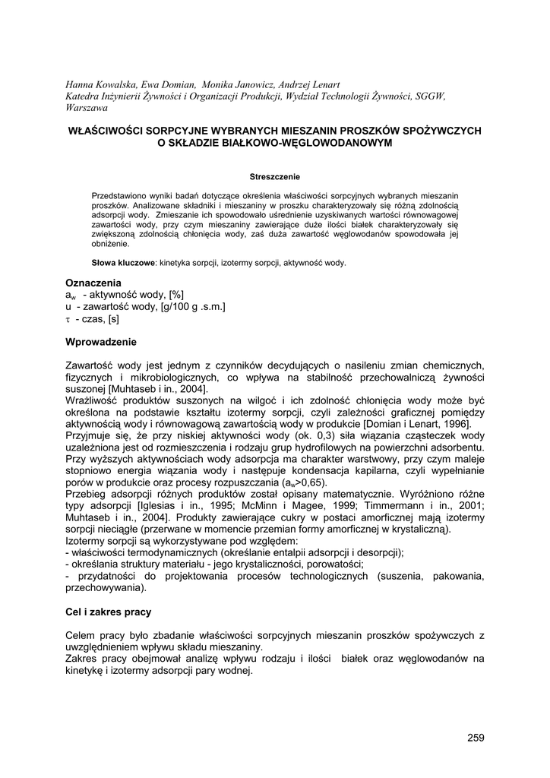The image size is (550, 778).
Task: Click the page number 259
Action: pyautogui.click(x=476, y=737)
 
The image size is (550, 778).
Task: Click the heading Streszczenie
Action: pyautogui.click(x=275, y=177)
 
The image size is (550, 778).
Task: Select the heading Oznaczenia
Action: pyautogui.click(x=93, y=283)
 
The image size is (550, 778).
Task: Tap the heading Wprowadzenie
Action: pyautogui.click(x=101, y=342)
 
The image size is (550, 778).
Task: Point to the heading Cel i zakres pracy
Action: pyautogui.click(x=109, y=612)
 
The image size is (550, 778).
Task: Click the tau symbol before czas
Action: pyautogui.click(x=68, y=319)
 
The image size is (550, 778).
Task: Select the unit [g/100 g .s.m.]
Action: pyautogui.click(x=193, y=307)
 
